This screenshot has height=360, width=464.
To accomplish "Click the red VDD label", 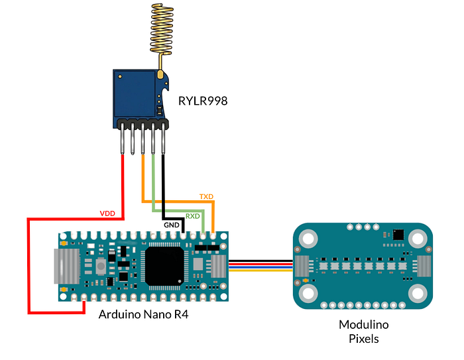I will [107, 213].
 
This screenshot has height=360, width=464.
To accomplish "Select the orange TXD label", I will [207, 197].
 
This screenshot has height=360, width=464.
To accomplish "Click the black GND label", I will [172, 225].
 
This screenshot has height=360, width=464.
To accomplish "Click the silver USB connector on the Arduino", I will [66, 266].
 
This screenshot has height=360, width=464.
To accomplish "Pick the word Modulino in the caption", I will [363, 325].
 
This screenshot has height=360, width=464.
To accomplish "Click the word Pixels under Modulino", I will [363, 339].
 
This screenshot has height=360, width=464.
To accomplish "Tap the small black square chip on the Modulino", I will [398, 234].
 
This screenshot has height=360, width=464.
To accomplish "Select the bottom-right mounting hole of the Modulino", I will [417, 292].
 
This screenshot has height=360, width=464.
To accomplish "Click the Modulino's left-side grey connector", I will [303, 266].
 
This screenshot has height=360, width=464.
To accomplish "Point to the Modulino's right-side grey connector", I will [423, 266].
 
